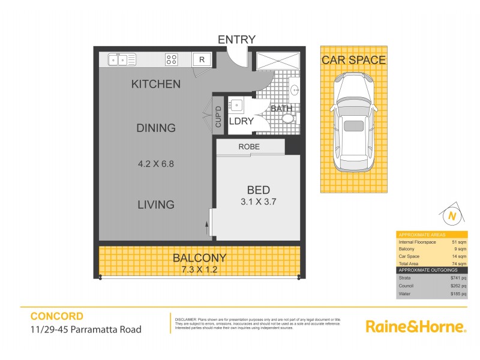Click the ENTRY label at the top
tap(236, 40)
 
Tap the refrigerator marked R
tap(202, 59)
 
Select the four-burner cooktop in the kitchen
tap(172, 59)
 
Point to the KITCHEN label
tap(155, 84)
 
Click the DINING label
tap(155, 128)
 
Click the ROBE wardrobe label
tap(248, 146)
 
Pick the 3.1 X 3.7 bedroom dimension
tap(258, 202)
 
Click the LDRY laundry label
tap(242, 121)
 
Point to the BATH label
tap(281, 109)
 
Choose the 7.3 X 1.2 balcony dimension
tap(199, 269)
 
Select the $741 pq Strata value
tap(458, 278)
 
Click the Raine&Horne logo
tap(416, 326)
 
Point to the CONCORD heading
tap(56, 316)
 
